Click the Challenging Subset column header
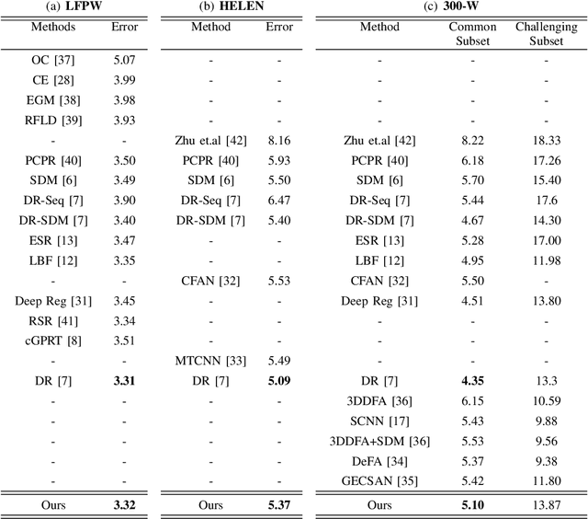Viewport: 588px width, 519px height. [x=546, y=34]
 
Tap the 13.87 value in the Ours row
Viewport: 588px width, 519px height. [x=546, y=504]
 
